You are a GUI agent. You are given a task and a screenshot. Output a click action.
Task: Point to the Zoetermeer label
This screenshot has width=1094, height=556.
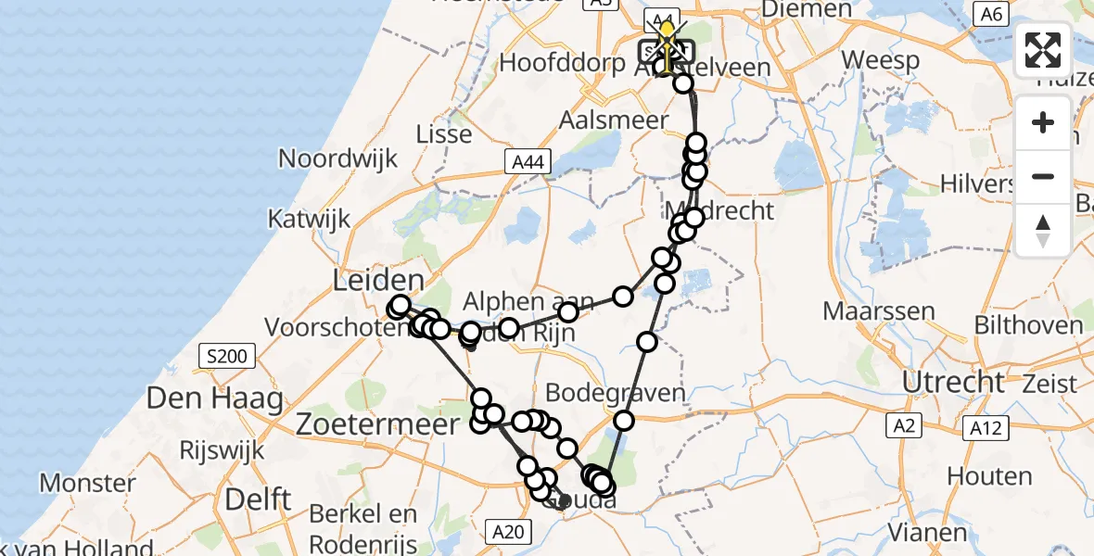click(378, 425)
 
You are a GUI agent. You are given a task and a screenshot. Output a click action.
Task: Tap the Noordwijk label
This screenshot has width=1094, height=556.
click(338, 158)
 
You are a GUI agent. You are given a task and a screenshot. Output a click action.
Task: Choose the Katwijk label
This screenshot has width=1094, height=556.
click(310, 219)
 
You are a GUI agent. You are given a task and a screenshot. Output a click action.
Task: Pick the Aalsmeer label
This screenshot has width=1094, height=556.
click(613, 120)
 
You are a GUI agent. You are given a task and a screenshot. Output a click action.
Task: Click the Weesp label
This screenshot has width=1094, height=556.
click(881, 61)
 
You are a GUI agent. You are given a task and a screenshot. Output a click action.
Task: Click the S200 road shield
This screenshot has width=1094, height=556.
click(223, 356)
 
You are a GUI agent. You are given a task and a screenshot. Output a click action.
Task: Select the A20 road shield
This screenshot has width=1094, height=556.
click(509, 531)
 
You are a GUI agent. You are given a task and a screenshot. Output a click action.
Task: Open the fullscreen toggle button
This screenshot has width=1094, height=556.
click(1043, 50)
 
